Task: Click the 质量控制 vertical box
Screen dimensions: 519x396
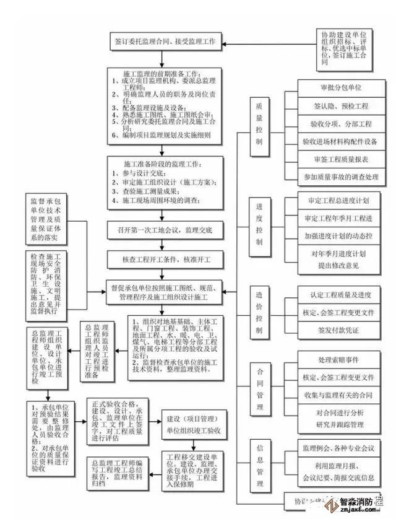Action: click(x=260, y=123)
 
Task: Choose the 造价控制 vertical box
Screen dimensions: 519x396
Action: click(x=260, y=311)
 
